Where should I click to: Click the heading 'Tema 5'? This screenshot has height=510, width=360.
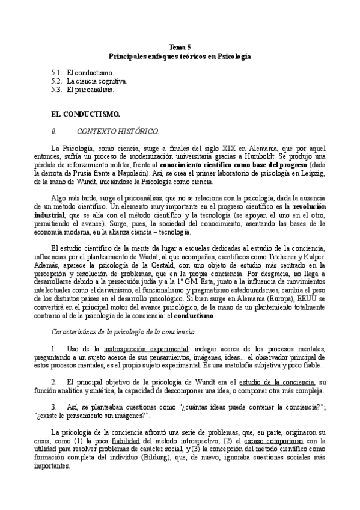(180, 47)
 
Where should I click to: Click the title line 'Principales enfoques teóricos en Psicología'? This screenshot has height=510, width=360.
(180, 55)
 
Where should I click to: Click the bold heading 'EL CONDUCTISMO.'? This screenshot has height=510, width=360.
(85, 114)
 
